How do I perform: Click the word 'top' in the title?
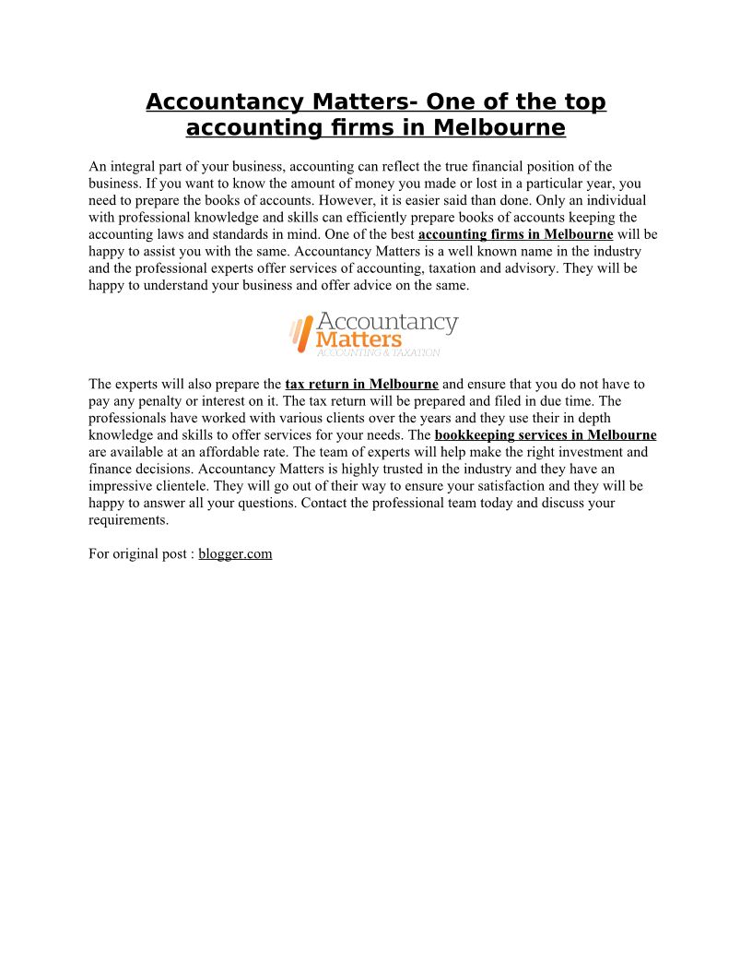(x=583, y=102)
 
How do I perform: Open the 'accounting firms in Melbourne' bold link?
(x=515, y=234)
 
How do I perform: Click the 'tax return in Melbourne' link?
(x=361, y=384)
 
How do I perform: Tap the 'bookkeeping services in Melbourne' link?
(x=546, y=435)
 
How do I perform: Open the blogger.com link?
(x=235, y=554)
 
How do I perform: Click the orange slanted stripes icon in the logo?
(x=300, y=333)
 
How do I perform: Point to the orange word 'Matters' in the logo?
(x=358, y=339)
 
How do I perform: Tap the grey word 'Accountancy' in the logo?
(x=387, y=322)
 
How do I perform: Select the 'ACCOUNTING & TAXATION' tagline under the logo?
(x=378, y=352)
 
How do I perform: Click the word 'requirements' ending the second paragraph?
(x=128, y=520)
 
